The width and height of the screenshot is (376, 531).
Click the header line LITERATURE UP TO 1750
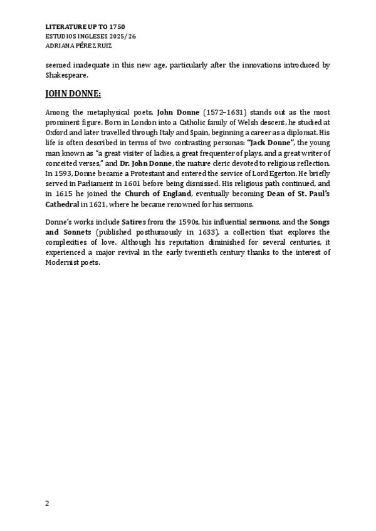coord(86,28)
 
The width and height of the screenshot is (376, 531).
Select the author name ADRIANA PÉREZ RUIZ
coord(80,45)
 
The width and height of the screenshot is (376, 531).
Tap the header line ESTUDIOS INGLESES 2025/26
coord(91,36)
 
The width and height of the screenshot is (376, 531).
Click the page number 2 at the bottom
coord(48,503)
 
